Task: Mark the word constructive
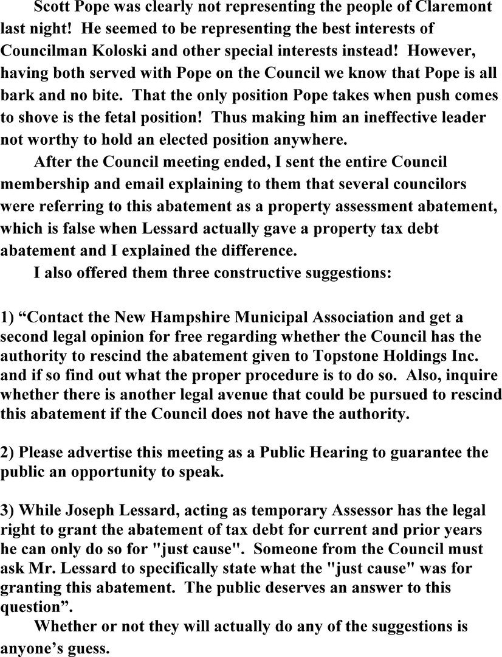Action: [x=242, y=272]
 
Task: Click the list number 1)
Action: [x=7, y=317]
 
